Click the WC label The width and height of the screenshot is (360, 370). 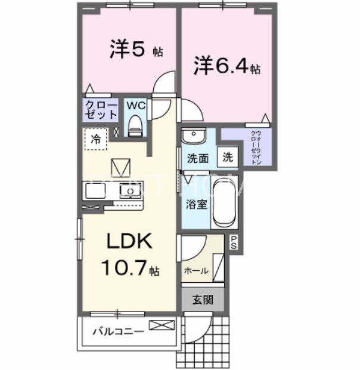point(135,105)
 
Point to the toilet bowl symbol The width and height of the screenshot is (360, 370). point(135,127)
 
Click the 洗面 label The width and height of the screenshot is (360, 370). point(197,159)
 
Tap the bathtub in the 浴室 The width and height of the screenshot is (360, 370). point(224,203)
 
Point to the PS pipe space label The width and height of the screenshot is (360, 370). point(234,242)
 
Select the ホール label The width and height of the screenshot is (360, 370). point(196,271)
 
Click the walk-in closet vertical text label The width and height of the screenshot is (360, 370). point(255,147)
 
